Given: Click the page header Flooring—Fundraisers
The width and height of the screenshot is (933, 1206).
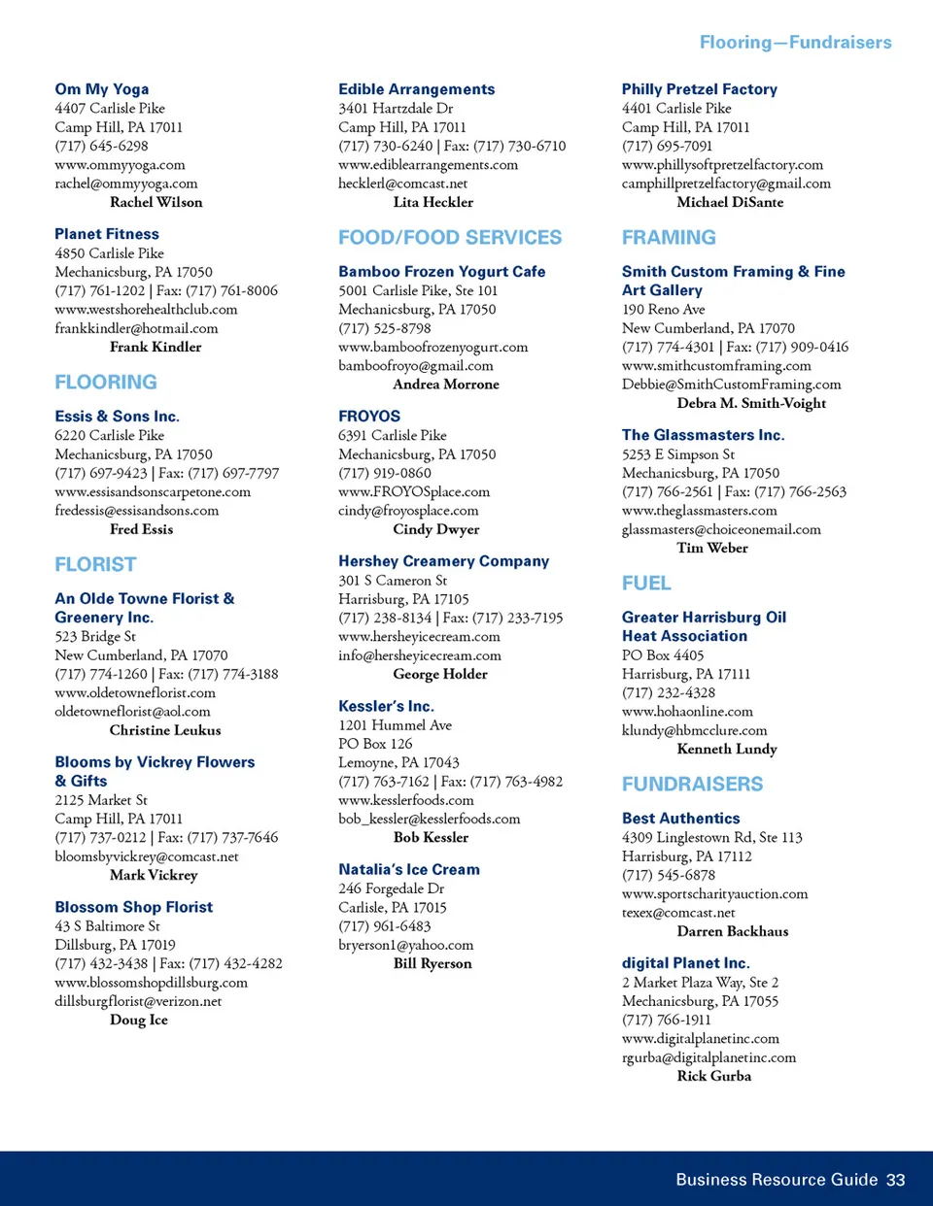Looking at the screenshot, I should [795, 43].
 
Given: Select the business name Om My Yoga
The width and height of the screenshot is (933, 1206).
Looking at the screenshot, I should [102, 89].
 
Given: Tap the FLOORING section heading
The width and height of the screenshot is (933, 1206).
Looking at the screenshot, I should [106, 383].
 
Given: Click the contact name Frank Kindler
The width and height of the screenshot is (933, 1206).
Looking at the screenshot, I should [155, 347].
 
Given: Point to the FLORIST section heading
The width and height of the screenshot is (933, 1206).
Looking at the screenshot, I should [95, 565].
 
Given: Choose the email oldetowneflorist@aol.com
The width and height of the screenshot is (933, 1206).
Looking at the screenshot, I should [132, 712].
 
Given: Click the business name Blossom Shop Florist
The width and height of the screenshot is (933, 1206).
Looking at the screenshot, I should [134, 907].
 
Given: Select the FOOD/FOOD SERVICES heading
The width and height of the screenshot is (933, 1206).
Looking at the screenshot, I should [450, 238].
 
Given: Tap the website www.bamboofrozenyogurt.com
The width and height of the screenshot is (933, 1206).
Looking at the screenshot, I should [433, 347].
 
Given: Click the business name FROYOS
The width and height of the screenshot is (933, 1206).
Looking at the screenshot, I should [369, 417].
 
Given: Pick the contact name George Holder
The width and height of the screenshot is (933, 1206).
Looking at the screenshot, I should [440, 674].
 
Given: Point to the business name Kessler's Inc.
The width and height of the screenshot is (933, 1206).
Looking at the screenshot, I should [386, 706].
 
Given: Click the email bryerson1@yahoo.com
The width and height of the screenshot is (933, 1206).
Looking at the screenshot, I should [406, 945].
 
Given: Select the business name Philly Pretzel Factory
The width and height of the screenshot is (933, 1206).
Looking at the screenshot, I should [700, 89].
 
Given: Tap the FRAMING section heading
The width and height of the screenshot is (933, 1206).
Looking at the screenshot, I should [669, 238].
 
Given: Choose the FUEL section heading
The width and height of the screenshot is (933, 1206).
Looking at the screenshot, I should [646, 584].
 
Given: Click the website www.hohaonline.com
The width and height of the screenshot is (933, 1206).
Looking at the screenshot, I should [687, 712].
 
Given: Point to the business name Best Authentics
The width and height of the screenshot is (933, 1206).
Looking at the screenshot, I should [680, 819].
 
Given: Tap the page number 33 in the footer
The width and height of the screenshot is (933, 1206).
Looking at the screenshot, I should [895, 1180].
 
